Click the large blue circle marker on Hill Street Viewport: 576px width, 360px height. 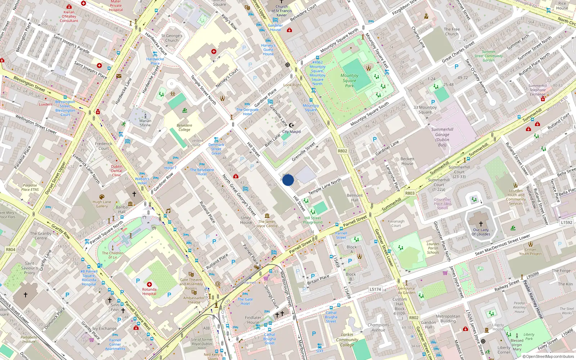point(288,180)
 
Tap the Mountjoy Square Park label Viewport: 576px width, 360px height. point(349,81)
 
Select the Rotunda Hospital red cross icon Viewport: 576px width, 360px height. point(149,284)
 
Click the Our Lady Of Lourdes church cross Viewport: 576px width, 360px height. point(481,224)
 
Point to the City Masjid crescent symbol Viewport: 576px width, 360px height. point(292,125)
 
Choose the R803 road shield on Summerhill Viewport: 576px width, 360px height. point(410,193)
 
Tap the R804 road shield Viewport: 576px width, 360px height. point(10,249)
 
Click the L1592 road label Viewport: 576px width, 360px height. point(566,222)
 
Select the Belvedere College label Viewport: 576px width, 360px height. point(184,127)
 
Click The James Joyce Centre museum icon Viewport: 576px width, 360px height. point(267,216)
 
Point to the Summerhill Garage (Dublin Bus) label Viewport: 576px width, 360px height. point(442,137)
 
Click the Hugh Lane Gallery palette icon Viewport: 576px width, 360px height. point(102,197)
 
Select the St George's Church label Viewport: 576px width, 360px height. point(172,38)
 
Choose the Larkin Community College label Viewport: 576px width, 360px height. point(347,339)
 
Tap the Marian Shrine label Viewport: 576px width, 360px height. point(145,123)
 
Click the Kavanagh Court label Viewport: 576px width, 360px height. point(396,223)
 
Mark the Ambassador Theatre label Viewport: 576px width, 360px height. point(194,300)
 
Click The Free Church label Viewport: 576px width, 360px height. point(451,32)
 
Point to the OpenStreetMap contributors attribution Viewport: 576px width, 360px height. point(548,356)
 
